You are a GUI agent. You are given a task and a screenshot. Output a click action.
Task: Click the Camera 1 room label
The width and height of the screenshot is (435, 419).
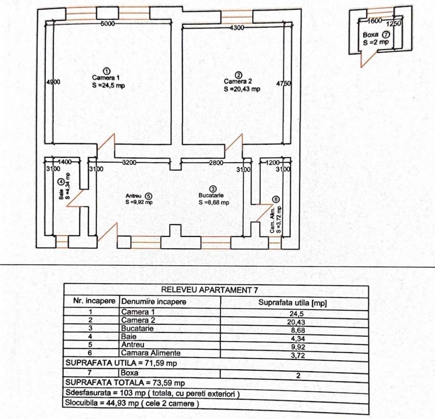coord(106,78)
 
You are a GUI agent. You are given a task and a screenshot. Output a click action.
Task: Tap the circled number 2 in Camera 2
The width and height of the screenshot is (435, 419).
coord(238,75)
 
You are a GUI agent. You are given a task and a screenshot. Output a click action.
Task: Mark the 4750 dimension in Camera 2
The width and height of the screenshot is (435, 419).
coord(283,83)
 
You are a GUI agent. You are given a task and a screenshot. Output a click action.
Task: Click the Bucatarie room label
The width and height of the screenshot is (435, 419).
coord(212,195)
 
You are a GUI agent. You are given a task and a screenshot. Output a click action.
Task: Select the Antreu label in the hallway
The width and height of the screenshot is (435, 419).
coord(134,196)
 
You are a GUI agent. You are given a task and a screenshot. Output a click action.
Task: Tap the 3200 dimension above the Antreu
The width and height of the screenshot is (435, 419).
coord(129,162)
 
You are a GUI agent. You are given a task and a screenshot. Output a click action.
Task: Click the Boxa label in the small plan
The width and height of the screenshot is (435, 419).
coord(371,35)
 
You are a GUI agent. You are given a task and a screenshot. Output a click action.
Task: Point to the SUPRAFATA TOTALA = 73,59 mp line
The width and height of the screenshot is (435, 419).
coord(125,383)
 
